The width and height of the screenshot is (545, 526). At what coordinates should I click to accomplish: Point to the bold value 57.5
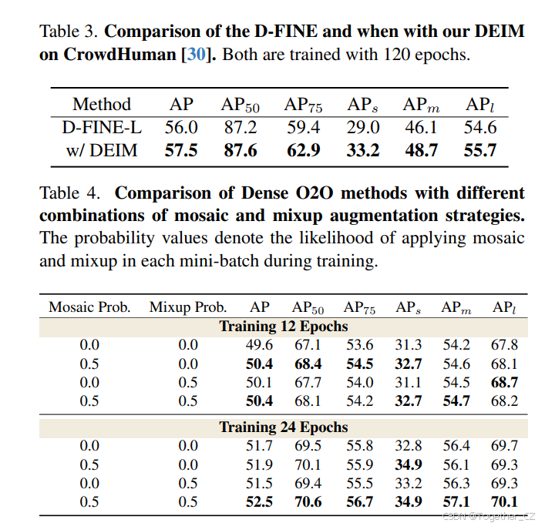pos(181,149)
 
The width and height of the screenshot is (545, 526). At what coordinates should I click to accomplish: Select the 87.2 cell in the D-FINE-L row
pos(241,127)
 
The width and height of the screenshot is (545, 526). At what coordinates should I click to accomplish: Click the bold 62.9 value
pos(303,149)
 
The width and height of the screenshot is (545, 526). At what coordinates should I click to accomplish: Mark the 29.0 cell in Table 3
pos(362,127)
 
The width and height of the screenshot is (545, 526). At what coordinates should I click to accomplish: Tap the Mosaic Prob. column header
pos(89,307)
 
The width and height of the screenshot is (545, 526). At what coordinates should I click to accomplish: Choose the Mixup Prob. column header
pos(188,307)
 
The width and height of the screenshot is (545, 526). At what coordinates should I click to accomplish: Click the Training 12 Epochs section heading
pos(283,326)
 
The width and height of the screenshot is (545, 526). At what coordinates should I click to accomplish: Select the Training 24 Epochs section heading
pos(283,427)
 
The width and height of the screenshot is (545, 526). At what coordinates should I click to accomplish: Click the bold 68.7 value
pos(504,382)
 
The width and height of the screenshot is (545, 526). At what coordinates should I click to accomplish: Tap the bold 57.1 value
pos(457,501)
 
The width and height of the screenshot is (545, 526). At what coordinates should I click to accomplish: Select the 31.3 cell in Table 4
pos(409,344)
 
